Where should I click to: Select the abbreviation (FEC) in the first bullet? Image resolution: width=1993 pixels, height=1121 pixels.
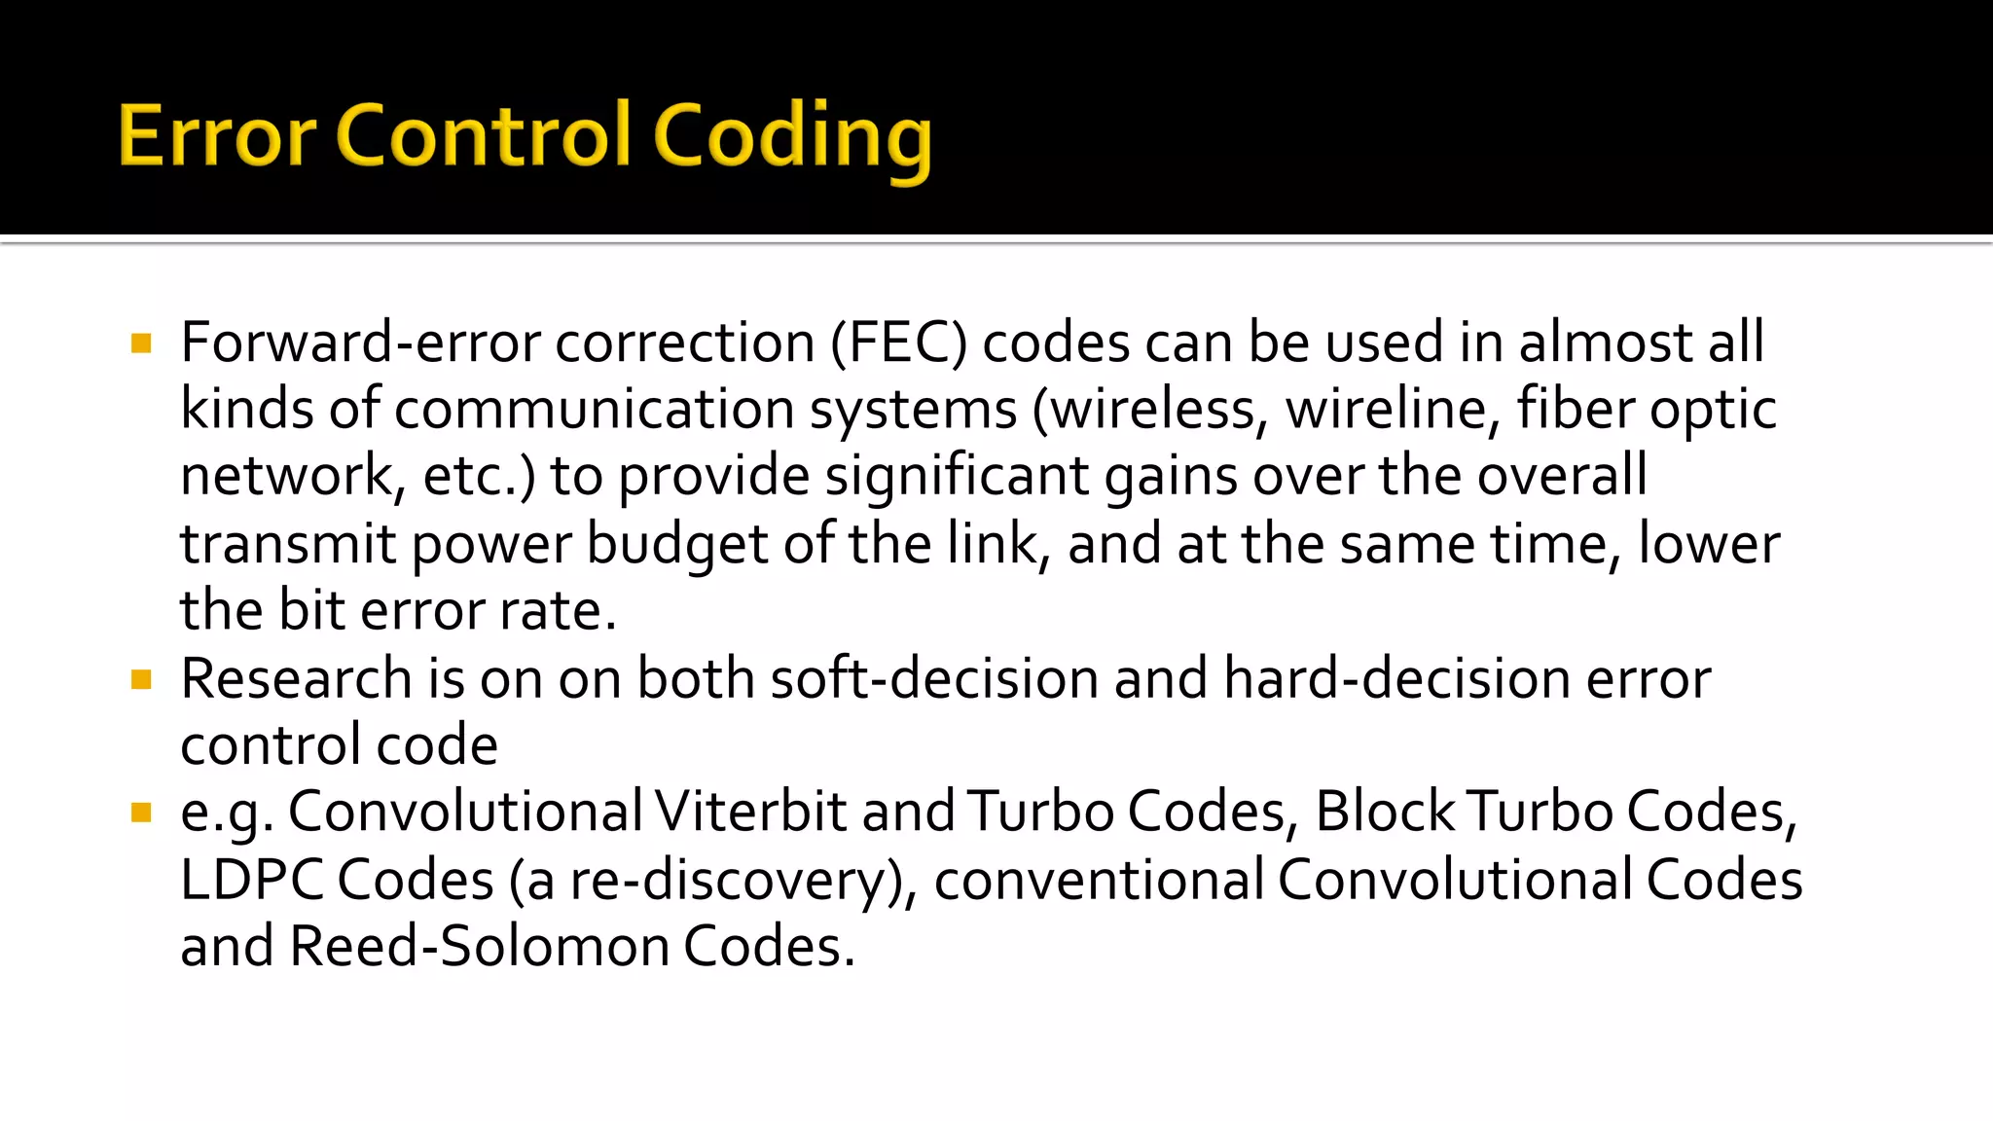pyautogui.click(x=898, y=343)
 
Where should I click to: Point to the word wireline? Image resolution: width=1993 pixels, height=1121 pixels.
pyautogui.click(x=1393, y=409)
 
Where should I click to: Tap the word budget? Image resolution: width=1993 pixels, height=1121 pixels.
pyautogui.click(x=677, y=544)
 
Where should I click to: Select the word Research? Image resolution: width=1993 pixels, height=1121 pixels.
pyautogui.click(x=296, y=678)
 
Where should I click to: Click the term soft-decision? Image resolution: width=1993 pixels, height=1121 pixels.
pyautogui.click(x=934, y=678)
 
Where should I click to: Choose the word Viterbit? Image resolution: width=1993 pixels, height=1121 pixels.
pyautogui.click(x=749, y=812)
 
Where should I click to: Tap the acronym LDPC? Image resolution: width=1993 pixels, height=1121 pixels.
pyautogui.click(x=252, y=880)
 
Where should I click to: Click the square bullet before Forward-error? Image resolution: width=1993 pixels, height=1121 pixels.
pyautogui.click(x=141, y=344)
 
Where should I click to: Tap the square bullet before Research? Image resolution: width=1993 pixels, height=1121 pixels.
pyautogui.click(x=141, y=679)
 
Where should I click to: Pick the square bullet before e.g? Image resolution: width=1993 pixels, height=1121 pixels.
pyautogui.click(x=141, y=813)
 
